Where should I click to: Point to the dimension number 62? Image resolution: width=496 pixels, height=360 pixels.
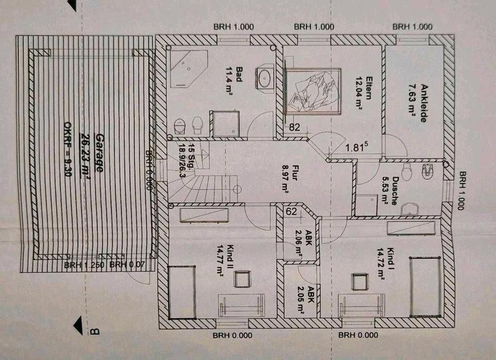pyautogui.click(x=291, y=211)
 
